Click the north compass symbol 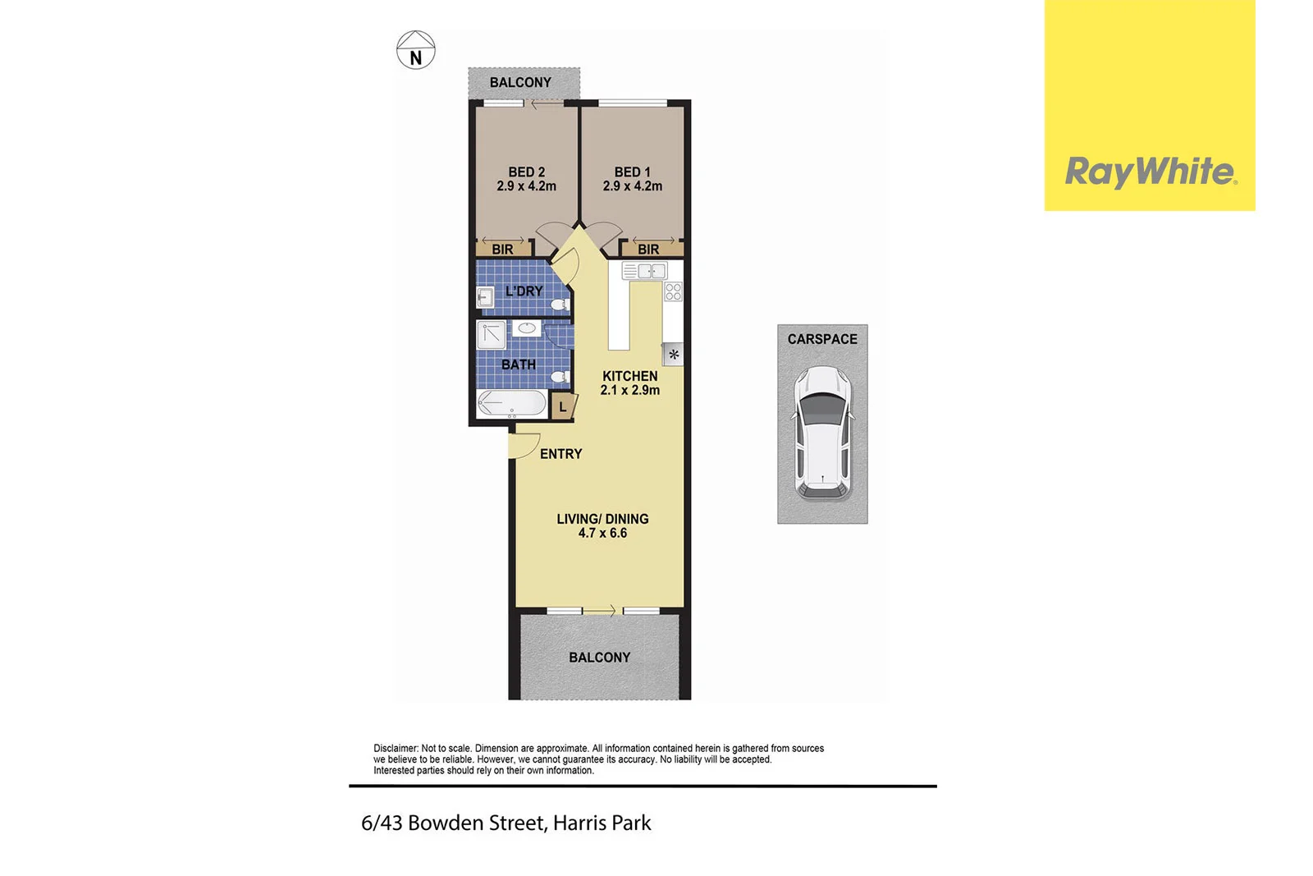415,50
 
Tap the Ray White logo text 1149,172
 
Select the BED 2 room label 526,172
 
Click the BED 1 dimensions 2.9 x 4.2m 632,186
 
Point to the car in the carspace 822,433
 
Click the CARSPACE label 822,339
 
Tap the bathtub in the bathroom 511,404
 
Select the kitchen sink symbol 644,271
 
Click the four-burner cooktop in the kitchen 673,291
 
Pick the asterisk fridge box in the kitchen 673,355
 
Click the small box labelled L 562,406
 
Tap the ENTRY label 560,454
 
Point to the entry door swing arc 522,447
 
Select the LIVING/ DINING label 602,519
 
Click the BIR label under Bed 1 648,250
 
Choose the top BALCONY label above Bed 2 520,82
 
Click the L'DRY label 524,291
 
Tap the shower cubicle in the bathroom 492,335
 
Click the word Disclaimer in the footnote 396,748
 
